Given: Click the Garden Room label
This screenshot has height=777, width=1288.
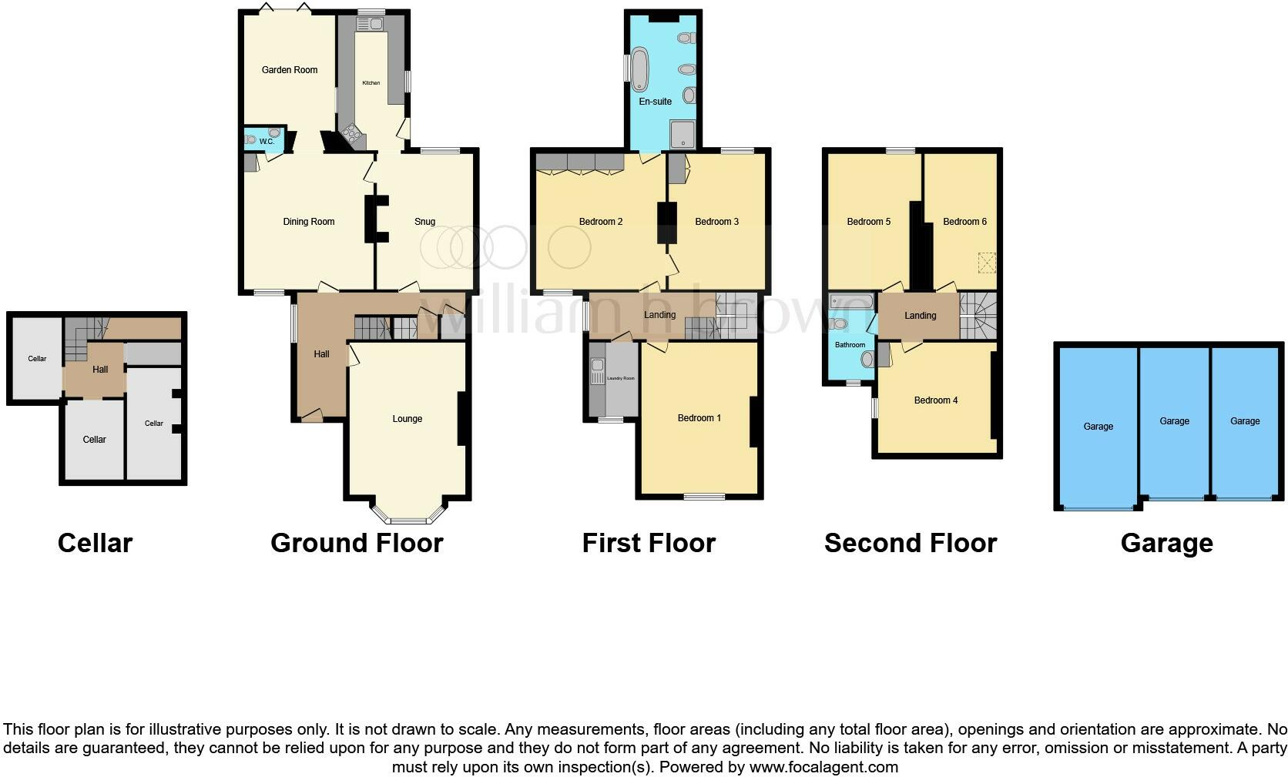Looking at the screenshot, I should (289, 70).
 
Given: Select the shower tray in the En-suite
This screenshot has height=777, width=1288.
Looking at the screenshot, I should (683, 134).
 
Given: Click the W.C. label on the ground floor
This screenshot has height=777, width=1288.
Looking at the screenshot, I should (267, 142).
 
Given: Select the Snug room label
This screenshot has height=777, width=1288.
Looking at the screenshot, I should (424, 222).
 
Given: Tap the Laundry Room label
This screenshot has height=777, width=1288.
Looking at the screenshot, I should (620, 378).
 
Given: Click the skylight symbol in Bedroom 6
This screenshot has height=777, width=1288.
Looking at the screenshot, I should (986, 263).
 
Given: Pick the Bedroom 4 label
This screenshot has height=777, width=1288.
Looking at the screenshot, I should (935, 400).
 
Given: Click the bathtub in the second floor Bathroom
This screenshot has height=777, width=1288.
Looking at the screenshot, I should (850, 301).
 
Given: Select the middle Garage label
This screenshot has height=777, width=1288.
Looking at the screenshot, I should (1174, 421).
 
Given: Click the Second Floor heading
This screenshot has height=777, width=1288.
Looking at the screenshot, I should (910, 543).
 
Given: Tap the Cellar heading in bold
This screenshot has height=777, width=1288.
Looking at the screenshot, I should (95, 543).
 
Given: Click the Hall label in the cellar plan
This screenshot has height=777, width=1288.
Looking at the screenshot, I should (100, 370).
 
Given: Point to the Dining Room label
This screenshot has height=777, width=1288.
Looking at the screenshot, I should (308, 222).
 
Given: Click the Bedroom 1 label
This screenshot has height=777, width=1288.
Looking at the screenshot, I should (699, 418).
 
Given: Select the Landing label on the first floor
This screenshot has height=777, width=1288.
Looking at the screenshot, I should (659, 315).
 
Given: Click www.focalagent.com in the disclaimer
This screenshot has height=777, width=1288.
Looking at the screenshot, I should (823, 767).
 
